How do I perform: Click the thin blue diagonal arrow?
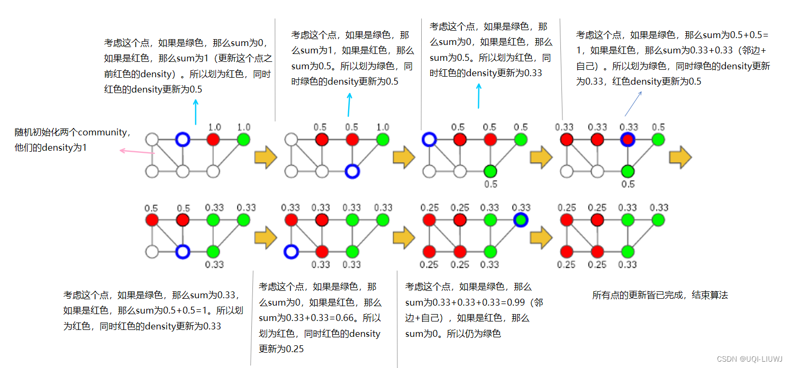(x=633, y=103)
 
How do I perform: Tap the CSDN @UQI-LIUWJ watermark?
(x=751, y=359)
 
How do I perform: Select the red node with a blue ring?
(x=628, y=140)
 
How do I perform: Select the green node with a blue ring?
(x=521, y=219)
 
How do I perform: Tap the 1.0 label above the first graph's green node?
(x=243, y=127)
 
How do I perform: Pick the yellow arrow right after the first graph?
(x=266, y=158)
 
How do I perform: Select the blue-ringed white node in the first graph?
(x=183, y=140)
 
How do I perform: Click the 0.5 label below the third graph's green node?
(x=491, y=184)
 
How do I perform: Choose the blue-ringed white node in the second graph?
(x=352, y=171)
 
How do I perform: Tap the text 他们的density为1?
(x=51, y=148)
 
